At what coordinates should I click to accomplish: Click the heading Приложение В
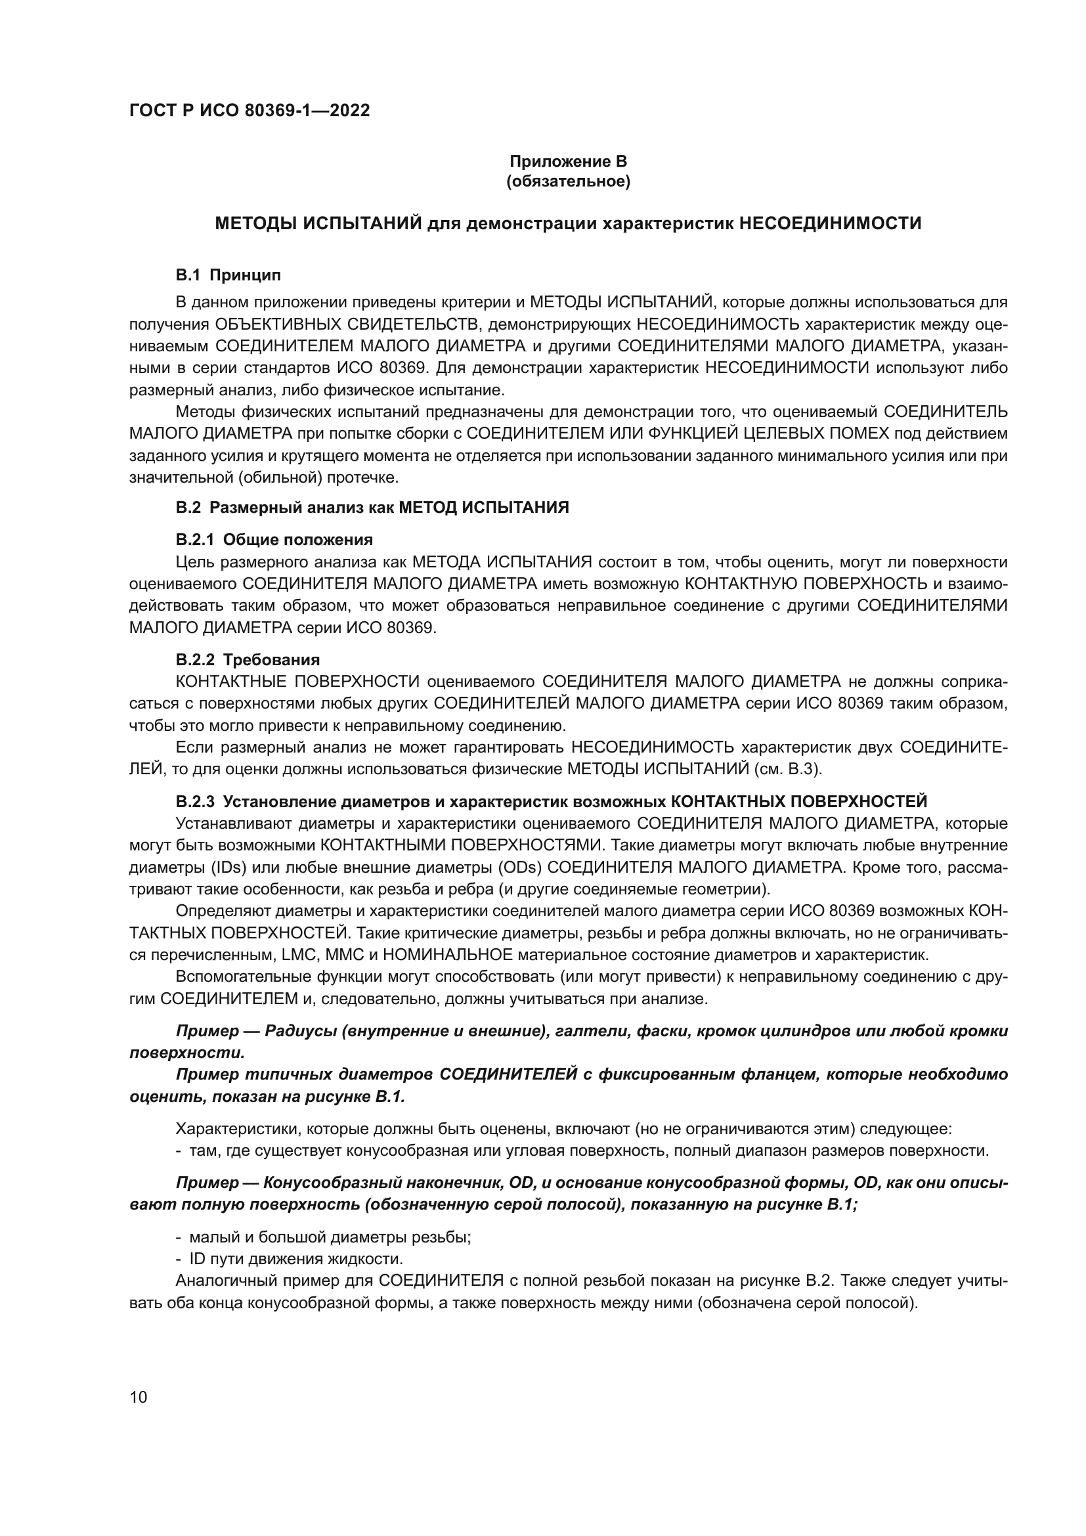(568, 162)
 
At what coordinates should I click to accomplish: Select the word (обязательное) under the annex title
(568, 181)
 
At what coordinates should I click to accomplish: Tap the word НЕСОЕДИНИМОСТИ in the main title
(830, 223)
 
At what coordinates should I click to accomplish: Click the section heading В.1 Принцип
(228, 275)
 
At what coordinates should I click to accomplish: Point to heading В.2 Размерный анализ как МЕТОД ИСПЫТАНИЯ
(372, 507)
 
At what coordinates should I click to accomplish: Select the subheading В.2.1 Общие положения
(274, 539)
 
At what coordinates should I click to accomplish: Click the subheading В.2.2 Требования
(248, 659)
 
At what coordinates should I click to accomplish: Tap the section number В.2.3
(195, 801)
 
